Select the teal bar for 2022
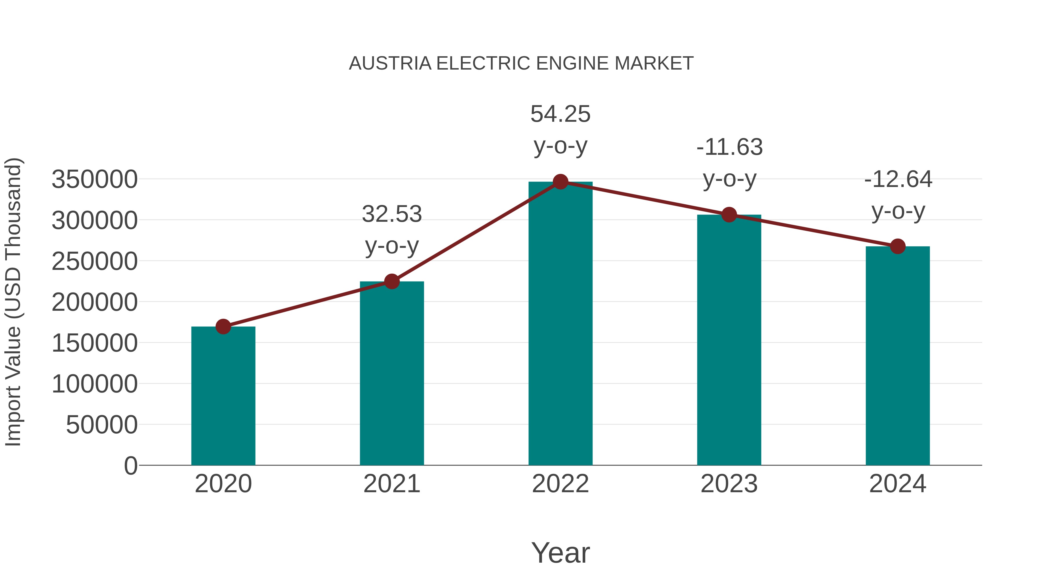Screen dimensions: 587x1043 click(560, 324)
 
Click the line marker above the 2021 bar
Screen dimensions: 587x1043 click(391, 281)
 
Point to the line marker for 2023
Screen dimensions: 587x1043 click(729, 215)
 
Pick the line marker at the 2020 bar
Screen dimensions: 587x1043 click(223, 326)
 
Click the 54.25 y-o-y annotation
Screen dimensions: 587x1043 click(560, 130)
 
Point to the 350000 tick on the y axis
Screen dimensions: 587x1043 click(94, 179)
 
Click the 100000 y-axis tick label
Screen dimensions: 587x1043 click(94, 384)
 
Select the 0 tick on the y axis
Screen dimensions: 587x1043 click(130, 466)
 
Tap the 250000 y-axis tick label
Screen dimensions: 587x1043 click(94, 261)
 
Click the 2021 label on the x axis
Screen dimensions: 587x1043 click(391, 484)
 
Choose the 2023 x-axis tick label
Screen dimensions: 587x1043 click(729, 484)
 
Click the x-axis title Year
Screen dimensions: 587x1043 click(560, 553)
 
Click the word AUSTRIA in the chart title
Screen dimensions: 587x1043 click(390, 63)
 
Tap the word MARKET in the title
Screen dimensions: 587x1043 click(654, 63)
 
